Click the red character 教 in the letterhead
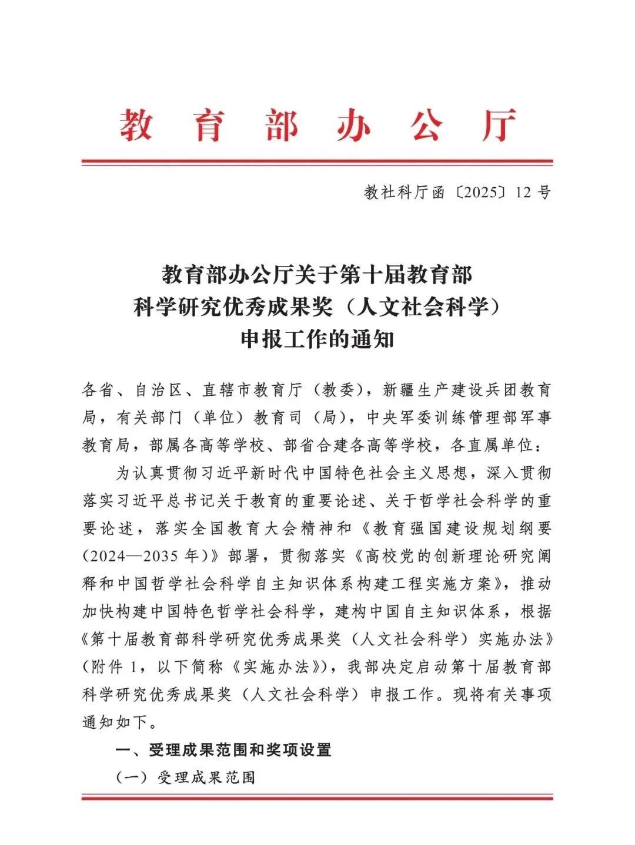coord(136,124)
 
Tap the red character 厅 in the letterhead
coord(498,124)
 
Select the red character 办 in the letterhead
coord(353,124)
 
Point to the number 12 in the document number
coord(523,193)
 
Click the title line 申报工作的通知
coord(317,339)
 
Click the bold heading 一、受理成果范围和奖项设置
coord(223,750)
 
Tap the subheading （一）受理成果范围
coord(186,777)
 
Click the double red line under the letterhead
coord(317,162)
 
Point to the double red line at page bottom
coord(317,797)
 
